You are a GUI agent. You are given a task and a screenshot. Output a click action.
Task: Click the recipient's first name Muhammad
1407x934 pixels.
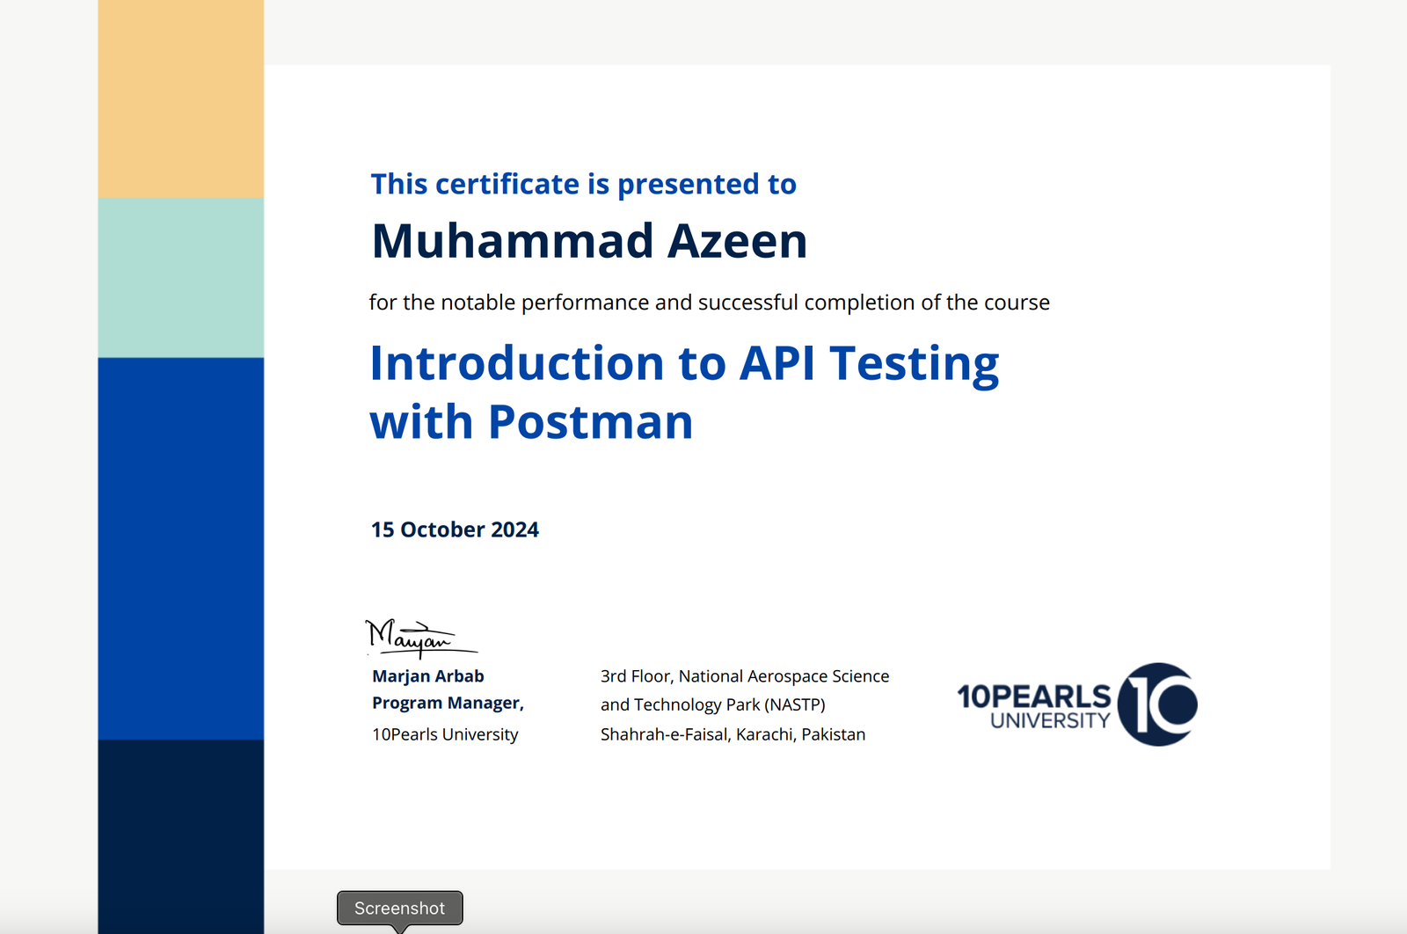(x=512, y=241)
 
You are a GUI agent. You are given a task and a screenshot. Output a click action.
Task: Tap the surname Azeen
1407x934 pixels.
(x=737, y=241)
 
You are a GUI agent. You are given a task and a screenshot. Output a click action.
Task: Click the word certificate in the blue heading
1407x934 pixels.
(x=507, y=184)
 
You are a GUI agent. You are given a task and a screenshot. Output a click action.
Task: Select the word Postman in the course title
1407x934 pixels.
(x=590, y=421)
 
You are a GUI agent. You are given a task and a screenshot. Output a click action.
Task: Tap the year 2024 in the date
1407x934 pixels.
(x=514, y=529)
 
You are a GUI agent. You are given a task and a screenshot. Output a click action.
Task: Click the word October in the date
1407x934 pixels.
(x=442, y=529)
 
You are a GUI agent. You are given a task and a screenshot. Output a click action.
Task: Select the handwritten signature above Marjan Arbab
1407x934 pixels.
(x=421, y=638)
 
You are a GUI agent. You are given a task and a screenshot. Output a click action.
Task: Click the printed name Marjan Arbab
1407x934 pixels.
(x=427, y=675)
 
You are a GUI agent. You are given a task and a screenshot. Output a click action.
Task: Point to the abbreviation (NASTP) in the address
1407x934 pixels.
(x=795, y=704)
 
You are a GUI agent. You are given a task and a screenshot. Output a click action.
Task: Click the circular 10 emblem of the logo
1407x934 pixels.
(x=1157, y=704)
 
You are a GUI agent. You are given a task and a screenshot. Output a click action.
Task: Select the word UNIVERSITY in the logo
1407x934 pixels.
(x=1050, y=720)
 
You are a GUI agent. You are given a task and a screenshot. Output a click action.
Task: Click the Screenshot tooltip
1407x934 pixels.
(x=399, y=908)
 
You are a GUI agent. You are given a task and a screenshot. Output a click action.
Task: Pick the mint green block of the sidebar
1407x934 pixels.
(x=181, y=278)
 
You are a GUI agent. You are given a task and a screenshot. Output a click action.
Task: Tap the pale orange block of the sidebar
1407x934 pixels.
(x=181, y=99)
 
